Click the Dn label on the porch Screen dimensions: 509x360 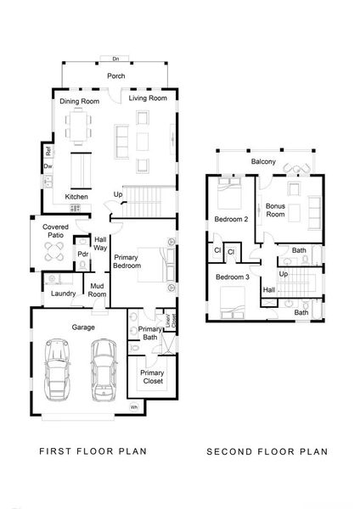pos(115,59)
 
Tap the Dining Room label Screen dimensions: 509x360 pos(79,102)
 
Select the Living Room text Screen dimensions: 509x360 pos(146,98)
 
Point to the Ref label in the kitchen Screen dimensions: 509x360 pos(48,153)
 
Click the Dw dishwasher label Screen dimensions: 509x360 pos(48,167)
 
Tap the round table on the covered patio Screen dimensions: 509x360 pos(54,252)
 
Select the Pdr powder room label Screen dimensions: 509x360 pos(83,254)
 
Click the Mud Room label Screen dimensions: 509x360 pos(98,291)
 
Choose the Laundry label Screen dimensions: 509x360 pos(64,294)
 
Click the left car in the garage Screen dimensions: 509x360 pos(59,368)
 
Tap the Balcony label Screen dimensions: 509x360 pos(262,162)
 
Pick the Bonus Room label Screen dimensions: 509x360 pos(275,210)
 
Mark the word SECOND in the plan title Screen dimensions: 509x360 pos(229,452)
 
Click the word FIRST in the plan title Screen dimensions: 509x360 pos(56,452)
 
